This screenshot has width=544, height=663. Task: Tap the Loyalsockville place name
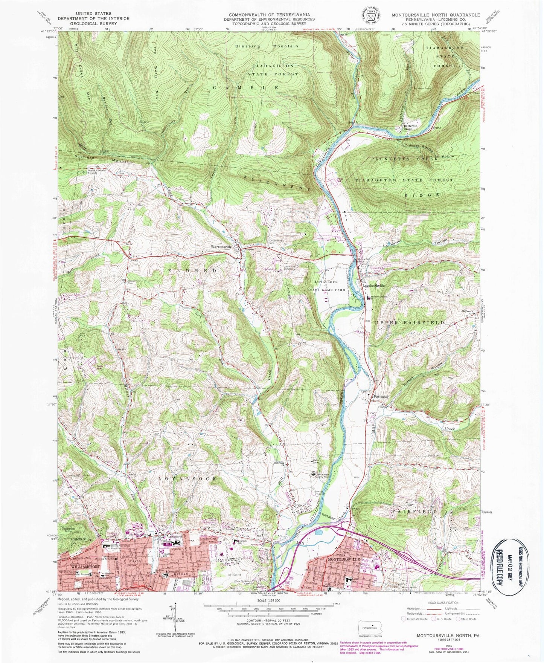click(x=373, y=286)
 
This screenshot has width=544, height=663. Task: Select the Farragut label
click(x=380, y=397)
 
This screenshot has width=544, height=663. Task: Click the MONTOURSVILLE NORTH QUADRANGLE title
click(x=436, y=15)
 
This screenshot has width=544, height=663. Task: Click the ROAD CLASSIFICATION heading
click(x=440, y=603)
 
